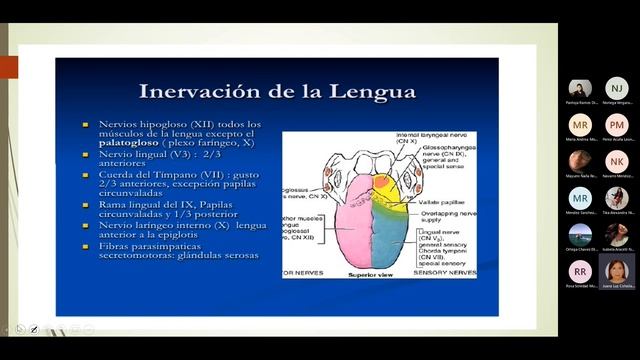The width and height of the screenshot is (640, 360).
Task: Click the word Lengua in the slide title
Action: click(368, 93)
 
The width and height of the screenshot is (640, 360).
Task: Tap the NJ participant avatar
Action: click(617, 89)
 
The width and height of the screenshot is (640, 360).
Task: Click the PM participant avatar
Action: click(617, 124)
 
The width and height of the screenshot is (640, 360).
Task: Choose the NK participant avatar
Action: click(617, 161)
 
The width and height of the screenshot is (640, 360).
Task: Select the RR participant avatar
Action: click(580, 269)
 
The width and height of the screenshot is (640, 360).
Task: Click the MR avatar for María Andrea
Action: click(580, 124)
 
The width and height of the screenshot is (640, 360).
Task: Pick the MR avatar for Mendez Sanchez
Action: click(580, 197)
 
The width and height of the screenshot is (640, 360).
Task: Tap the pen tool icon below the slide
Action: click(34, 328)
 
